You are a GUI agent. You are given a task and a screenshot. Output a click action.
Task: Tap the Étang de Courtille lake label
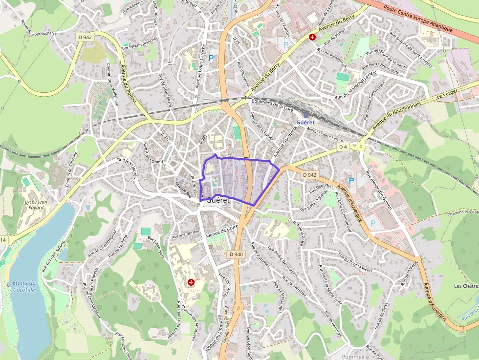(x=24, y=286)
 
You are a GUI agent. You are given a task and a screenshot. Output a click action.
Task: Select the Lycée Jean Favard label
(x=36, y=204)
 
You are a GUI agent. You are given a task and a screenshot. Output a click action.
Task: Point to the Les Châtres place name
(x=466, y=286)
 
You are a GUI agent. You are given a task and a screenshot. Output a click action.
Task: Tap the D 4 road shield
(x=343, y=147)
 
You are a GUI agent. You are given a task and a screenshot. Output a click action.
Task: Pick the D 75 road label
(x=237, y=42)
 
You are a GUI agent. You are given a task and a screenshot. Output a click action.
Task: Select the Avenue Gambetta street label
(x=286, y=141)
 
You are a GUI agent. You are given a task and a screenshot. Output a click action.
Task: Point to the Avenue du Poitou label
(x=129, y=83)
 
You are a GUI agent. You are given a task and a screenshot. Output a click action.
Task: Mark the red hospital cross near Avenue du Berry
(x=312, y=37)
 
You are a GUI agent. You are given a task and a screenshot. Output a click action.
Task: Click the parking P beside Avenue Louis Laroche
(x=211, y=58)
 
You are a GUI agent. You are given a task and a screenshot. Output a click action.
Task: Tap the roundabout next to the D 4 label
(x=362, y=145)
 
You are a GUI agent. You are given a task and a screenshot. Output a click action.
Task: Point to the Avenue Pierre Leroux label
(x=326, y=135)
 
